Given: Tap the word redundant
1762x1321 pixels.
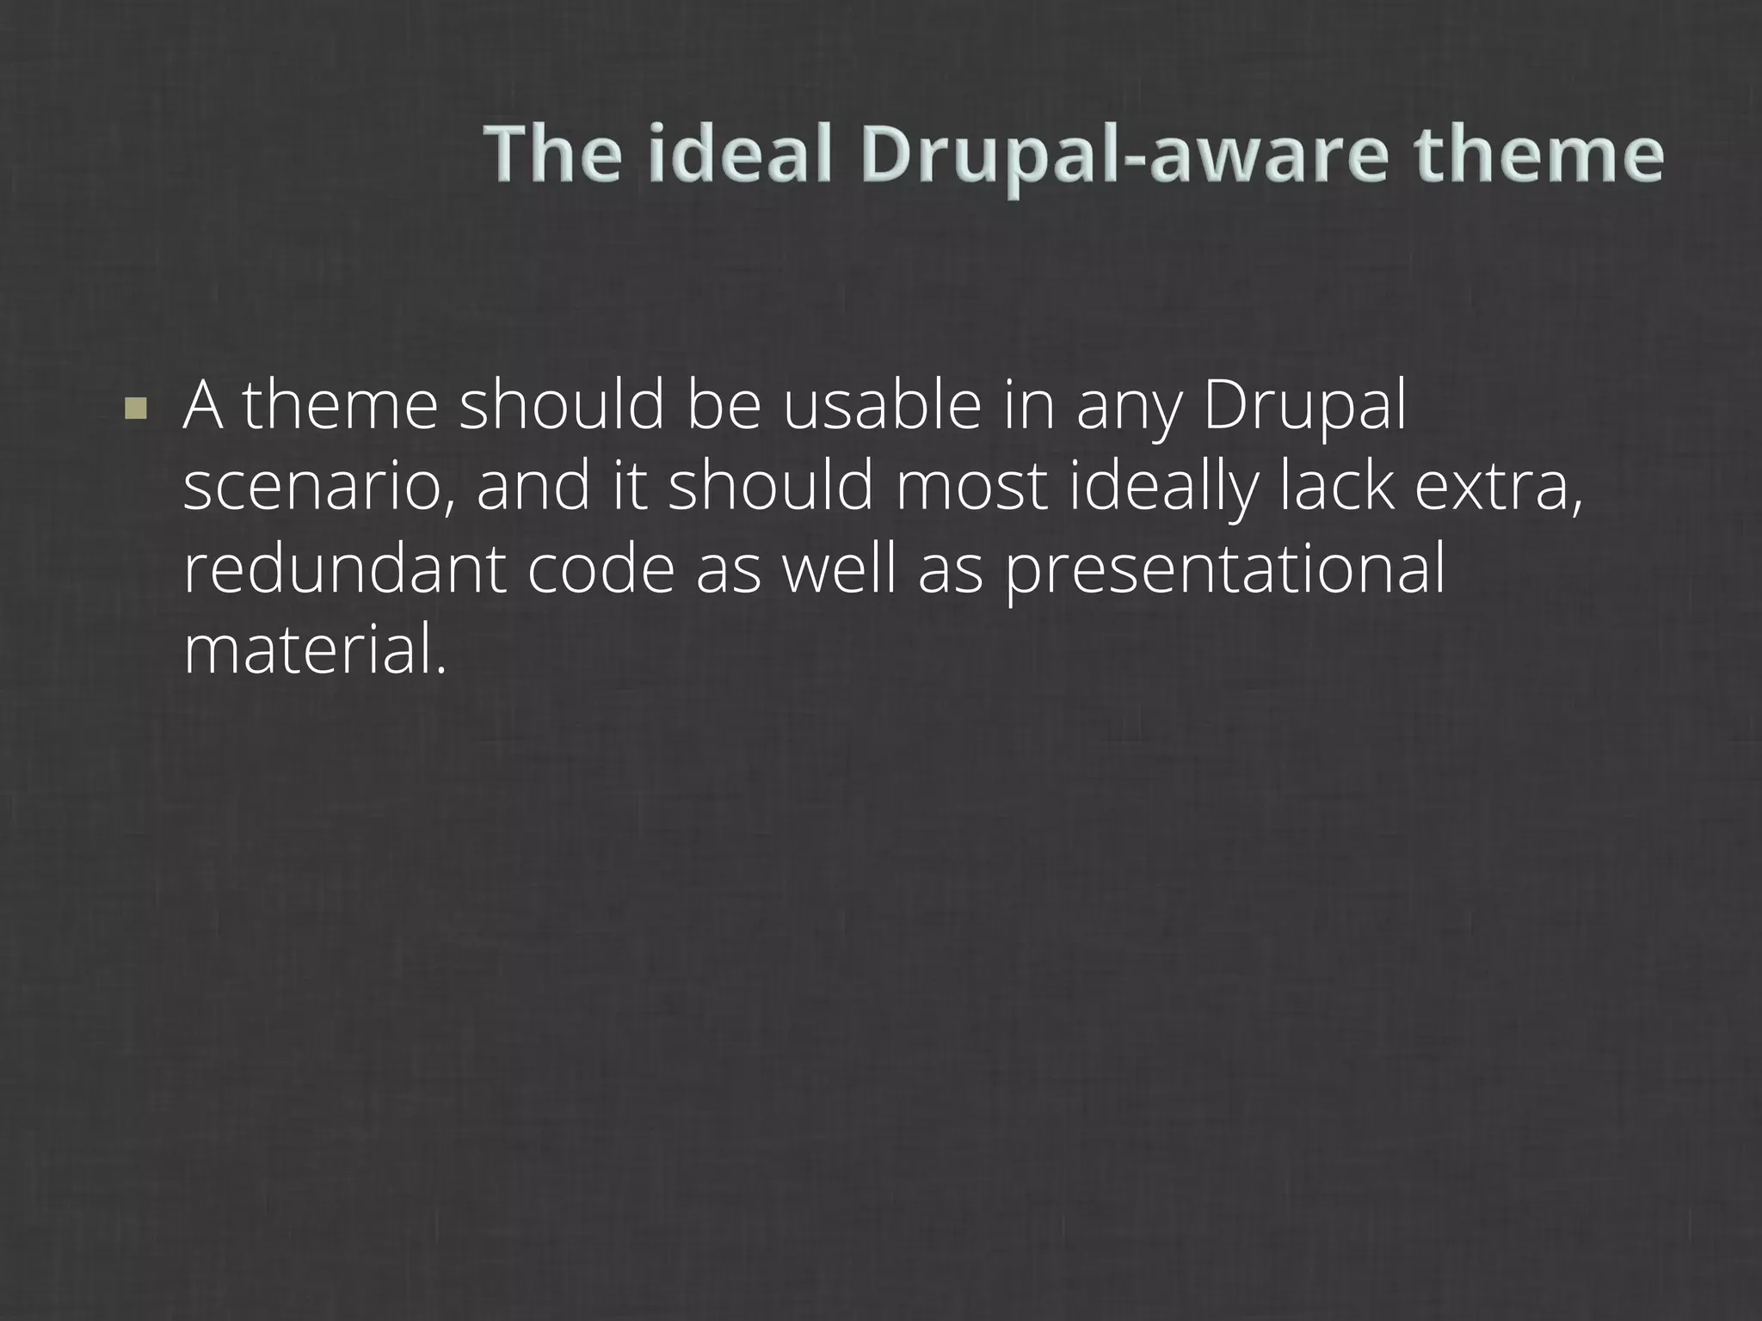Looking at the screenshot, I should pos(344,568).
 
